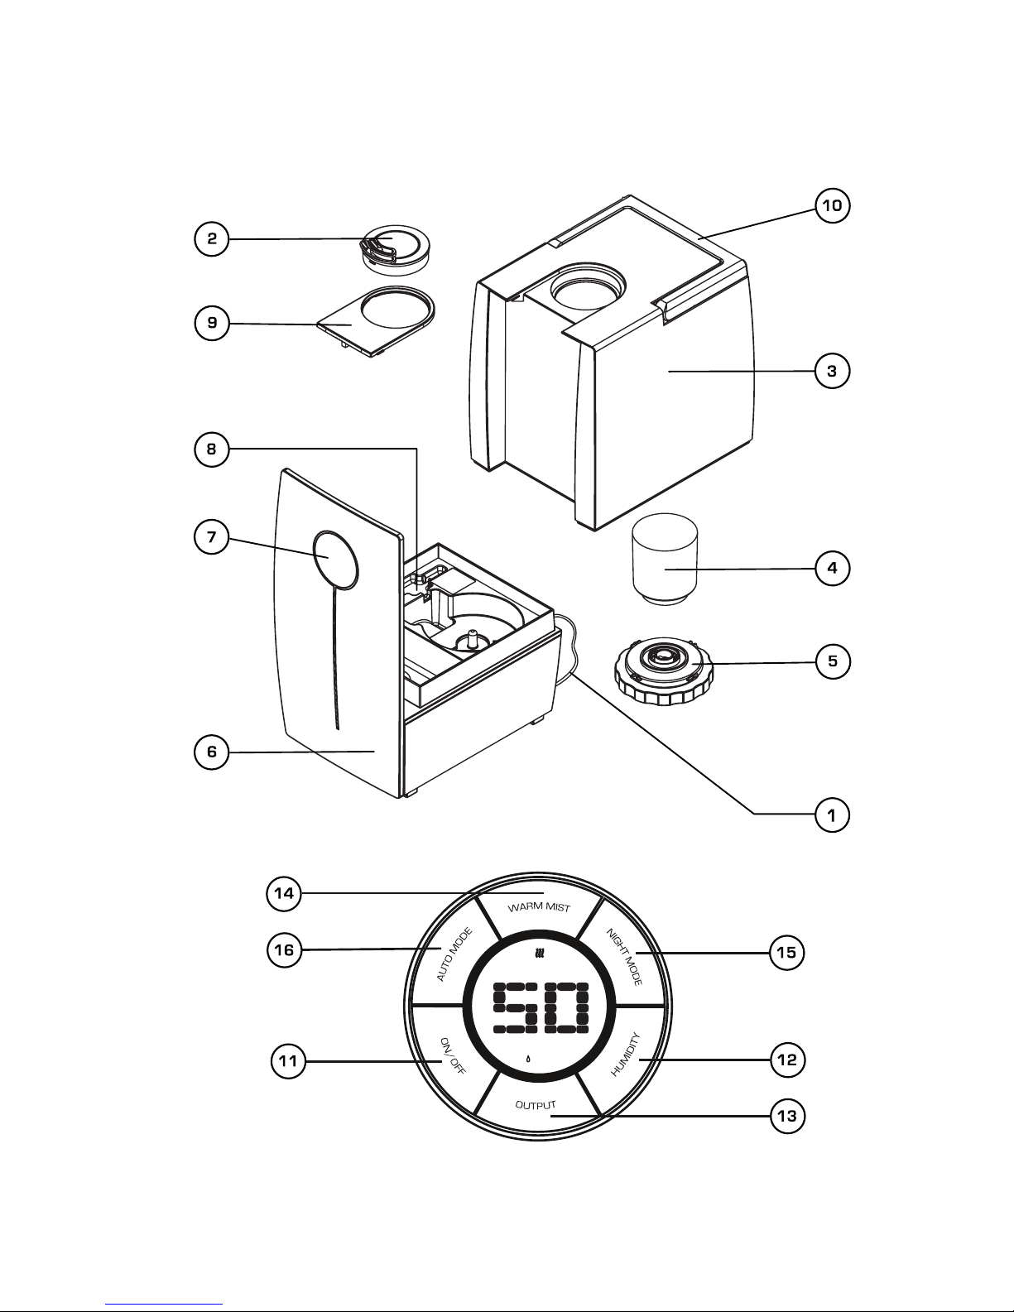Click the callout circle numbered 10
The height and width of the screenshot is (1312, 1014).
point(832,205)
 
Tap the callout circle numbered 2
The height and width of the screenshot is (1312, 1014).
point(212,239)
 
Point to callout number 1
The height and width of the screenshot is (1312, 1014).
point(832,815)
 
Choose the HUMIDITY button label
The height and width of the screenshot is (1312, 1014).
point(626,1054)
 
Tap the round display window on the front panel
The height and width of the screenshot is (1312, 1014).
point(335,560)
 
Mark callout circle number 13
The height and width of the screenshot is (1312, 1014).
point(786,1117)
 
